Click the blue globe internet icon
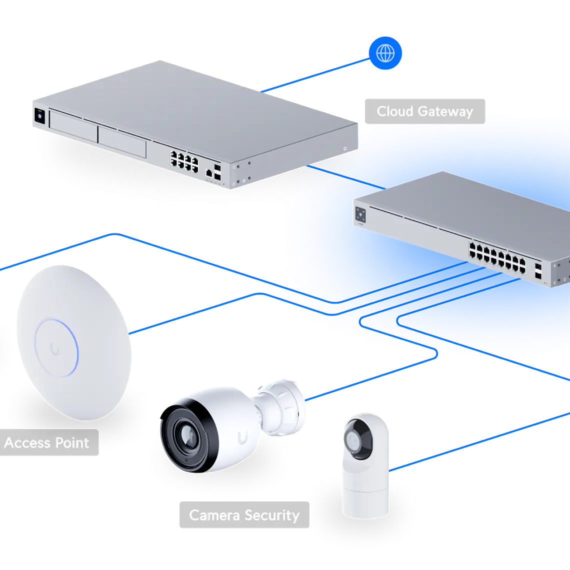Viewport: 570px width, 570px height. point(385,52)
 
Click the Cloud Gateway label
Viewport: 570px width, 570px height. point(424,111)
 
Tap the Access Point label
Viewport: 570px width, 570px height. point(46,443)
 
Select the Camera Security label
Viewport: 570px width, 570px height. point(244,515)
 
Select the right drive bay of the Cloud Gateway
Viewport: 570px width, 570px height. point(122,142)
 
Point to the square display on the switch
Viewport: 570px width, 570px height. point(360,214)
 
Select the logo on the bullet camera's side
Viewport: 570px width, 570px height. point(242,436)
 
